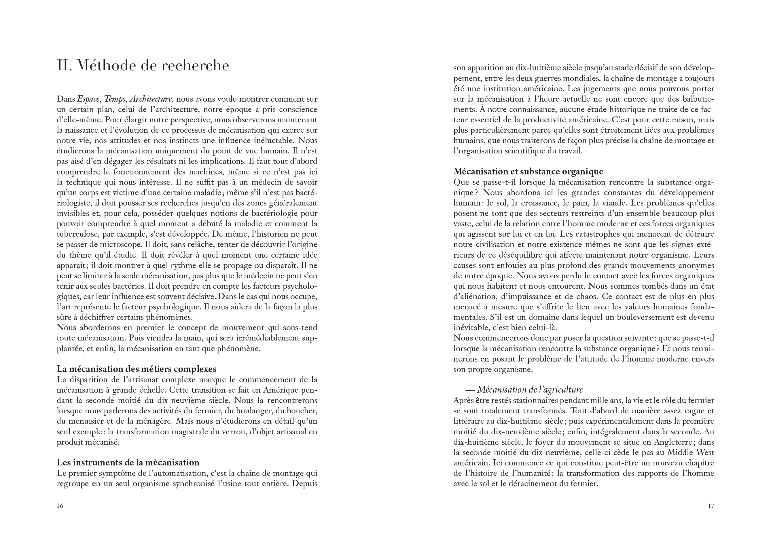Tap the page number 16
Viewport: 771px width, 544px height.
60,506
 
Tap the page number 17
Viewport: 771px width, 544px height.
711,506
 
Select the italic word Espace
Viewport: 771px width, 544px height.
88,99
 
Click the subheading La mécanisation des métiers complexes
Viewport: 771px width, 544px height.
136,369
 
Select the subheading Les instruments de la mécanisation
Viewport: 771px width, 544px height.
128,463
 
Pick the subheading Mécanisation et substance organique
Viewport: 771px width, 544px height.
528,172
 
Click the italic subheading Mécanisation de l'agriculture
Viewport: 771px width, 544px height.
530,390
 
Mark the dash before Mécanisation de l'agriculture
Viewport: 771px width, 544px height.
470,390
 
